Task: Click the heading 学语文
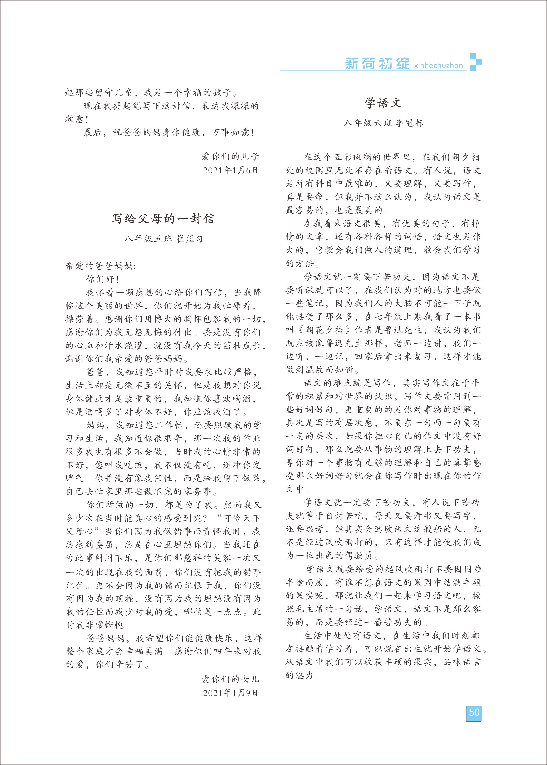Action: (x=383, y=103)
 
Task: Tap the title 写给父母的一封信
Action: (x=163, y=219)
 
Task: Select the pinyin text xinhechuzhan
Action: (x=439, y=65)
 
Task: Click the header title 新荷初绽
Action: (x=377, y=64)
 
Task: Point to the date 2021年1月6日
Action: (x=230, y=170)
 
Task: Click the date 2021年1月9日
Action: (x=230, y=693)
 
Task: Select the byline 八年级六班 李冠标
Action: (x=383, y=123)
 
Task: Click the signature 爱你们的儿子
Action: (x=230, y=156)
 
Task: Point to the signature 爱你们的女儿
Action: (x=230, y=679)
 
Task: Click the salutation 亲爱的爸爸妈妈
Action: (x=100, y=266)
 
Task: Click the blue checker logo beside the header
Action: (x=475, y=62)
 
